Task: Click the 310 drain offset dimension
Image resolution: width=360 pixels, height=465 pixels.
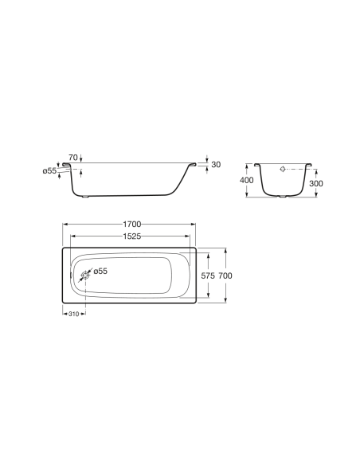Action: point(72,315)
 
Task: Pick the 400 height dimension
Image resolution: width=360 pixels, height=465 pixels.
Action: point(247,181)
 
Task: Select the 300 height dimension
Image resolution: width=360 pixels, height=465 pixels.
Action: point(316,183)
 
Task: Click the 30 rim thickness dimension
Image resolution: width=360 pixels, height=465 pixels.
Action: point(215,164)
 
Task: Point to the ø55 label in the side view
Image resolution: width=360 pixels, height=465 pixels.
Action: point(49,171)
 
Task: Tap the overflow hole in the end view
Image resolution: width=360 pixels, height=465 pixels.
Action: point(284,170)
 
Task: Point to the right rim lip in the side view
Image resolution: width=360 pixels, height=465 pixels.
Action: point(192,166)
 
